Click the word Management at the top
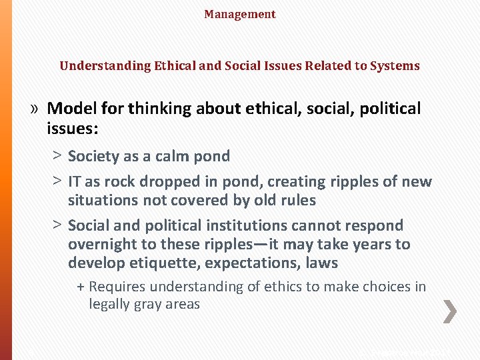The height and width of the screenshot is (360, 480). click(x=240, y=14)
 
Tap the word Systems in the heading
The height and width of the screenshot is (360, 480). click(x=398, y=66)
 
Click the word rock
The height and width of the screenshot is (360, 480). click(x=120, y=182)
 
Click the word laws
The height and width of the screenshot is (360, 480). click(x=321, y=263)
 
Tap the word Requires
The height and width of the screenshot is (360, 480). click(x=117, y=287)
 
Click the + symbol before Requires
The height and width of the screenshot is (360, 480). click(x=81, y=287)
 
